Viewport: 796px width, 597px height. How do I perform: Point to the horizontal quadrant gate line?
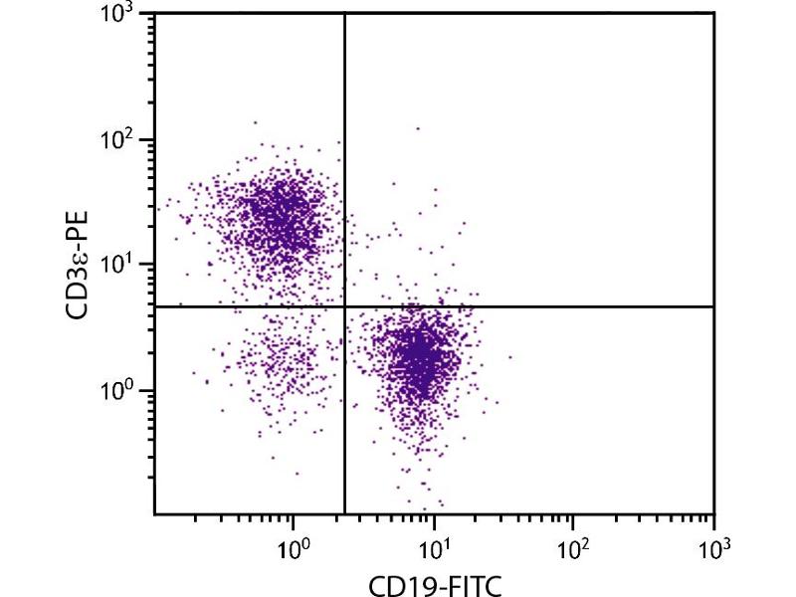click(557, 306)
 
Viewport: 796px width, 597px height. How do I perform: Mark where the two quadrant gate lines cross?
click(344, 306)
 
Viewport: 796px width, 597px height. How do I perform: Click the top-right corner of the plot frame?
click(713, 13)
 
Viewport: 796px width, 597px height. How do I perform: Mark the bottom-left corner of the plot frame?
click(154, 513)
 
